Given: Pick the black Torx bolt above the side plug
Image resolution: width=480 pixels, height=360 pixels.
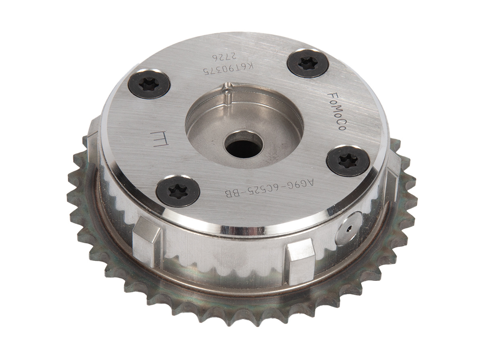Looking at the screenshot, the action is [348, 161].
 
